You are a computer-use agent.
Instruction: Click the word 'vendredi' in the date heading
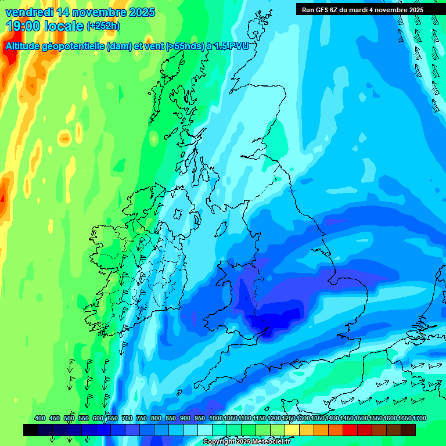29,12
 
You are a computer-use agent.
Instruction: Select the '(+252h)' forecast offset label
103,26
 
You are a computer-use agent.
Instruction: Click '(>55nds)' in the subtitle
185,46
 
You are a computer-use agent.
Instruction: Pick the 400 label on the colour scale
40,419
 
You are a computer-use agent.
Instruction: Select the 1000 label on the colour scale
216,419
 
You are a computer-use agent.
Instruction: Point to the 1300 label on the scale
303,419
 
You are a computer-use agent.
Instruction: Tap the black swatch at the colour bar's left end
31,430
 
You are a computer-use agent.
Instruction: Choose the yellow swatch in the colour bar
292,430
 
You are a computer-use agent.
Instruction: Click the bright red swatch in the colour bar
350,430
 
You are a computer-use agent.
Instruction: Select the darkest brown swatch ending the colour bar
408,430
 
